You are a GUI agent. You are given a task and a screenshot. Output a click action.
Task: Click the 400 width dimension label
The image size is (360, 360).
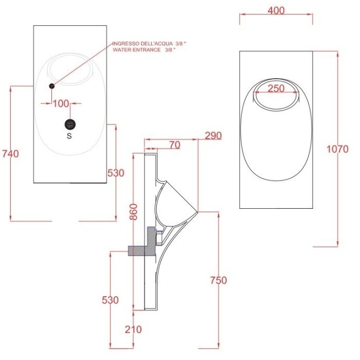(x=276, y=11)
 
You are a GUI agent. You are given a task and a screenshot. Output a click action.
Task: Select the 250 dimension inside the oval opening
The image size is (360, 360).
(x=276, y=88)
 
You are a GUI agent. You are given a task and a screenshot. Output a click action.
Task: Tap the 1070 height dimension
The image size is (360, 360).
(x=341, y=150)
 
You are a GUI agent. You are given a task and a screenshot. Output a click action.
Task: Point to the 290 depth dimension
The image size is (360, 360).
(x=213, y=136)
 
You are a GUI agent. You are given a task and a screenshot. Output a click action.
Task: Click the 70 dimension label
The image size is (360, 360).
(x=174, y=145)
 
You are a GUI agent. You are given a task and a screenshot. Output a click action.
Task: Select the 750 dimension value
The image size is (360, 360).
(x=219, y=280)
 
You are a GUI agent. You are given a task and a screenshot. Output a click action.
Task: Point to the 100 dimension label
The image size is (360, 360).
(x=61, y=103)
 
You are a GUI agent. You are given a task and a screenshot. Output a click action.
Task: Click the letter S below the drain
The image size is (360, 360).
(x=69, y=137)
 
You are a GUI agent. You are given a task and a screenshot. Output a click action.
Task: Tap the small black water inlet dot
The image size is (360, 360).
(x=51, y=86)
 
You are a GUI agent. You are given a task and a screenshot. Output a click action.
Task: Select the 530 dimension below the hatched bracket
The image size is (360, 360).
(x=110, y=300)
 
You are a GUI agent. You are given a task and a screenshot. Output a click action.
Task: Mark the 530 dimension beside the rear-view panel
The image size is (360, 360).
(x=116, y=173)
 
